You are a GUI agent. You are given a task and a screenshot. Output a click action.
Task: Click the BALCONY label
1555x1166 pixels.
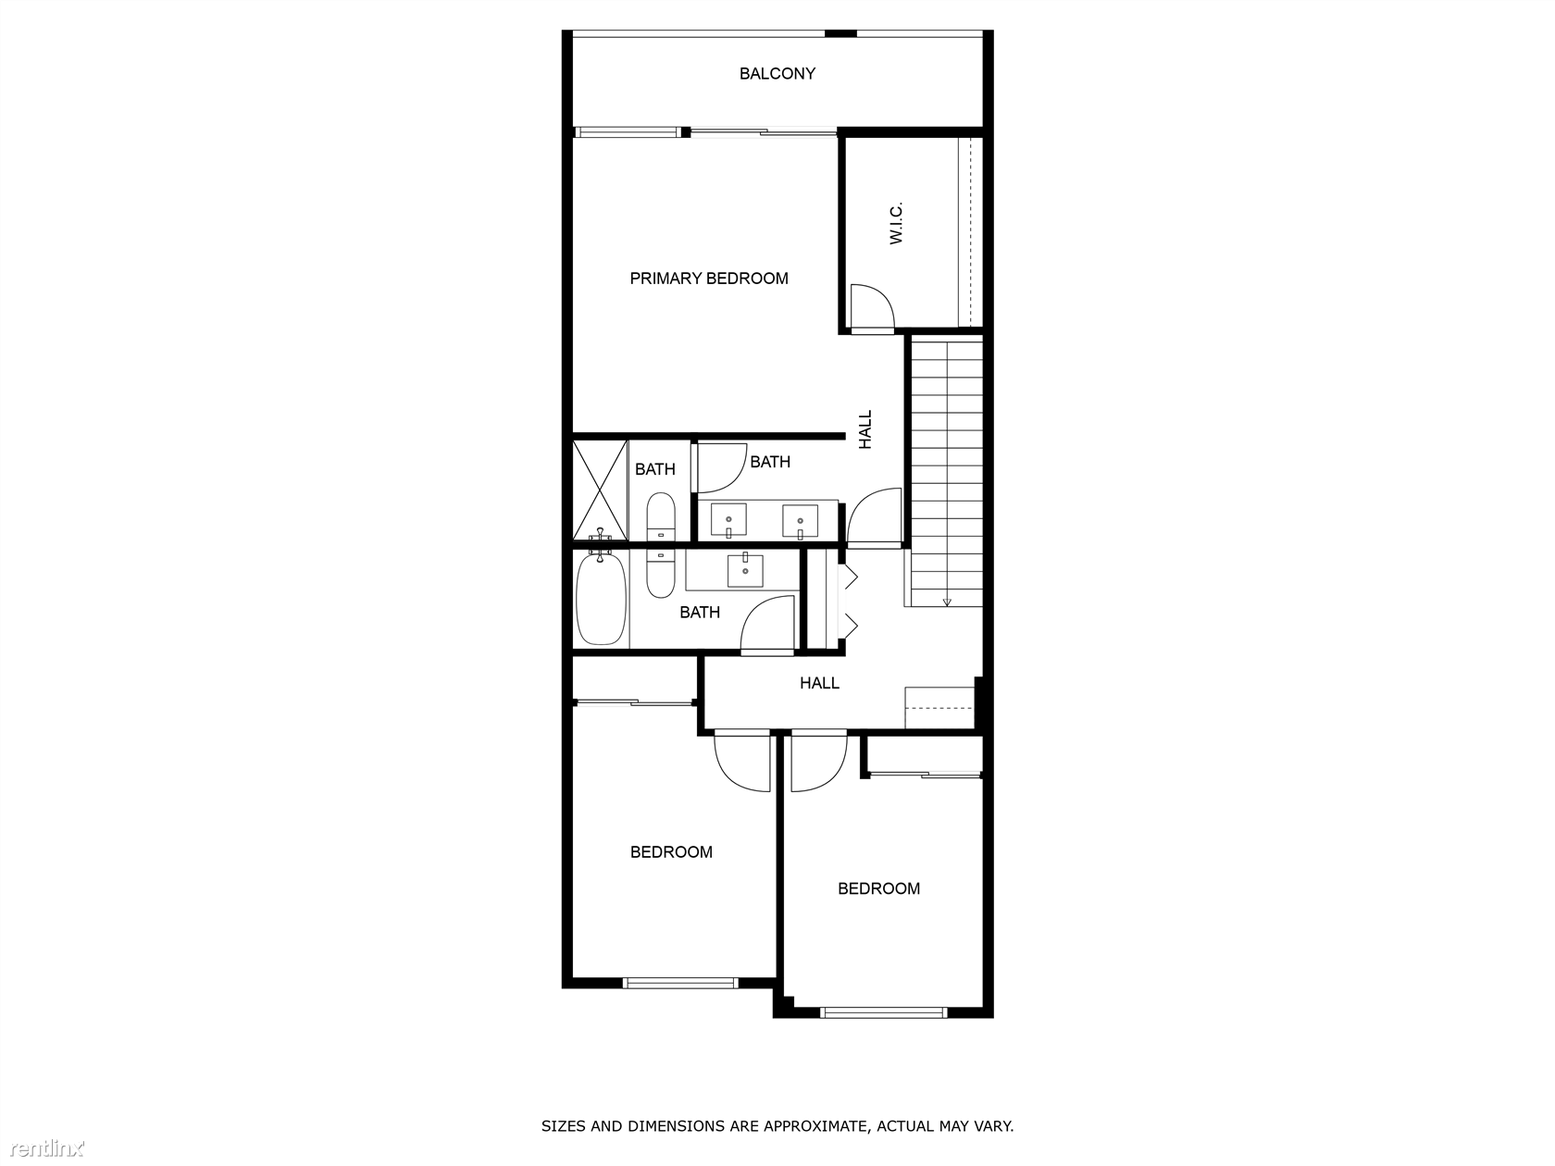pyautogui.click(x=777, y=74)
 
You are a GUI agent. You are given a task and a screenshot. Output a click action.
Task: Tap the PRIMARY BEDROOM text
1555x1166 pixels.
pyautogui.click(x=709, y=279)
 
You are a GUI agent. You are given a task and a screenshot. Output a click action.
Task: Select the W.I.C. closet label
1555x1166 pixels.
pyautogui.click(x=896, y=224)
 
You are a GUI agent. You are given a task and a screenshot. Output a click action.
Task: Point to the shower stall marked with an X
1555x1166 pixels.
pyautogui.click(x=600, y=490)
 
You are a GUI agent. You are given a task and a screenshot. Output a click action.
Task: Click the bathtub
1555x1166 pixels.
pyautogui.click(x=601, y=599)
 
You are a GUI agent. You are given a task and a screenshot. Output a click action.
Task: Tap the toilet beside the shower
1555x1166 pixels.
pyautogui.click(x=661, y=516)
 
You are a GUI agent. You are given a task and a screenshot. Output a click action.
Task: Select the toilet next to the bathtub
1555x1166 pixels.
pyautogui.click(x=660, y=574)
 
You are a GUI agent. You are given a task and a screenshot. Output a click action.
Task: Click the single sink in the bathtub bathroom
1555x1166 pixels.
pyautogui.click(x=745, y=571)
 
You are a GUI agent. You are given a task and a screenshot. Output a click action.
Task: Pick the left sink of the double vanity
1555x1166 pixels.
pyautogui.click(x=728, y=520)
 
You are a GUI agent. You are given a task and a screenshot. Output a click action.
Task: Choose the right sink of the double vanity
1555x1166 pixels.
pyautogui.click(x=800, y=520)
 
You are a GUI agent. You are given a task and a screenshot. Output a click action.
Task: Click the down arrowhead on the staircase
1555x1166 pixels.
pyautogui.click(x=947, y=602)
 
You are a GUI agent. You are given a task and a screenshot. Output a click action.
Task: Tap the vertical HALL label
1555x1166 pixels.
pyautogui.click(x=865, y=429)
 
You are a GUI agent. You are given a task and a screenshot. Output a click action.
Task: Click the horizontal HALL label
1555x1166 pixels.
pyautogui.click(x=820, y=683)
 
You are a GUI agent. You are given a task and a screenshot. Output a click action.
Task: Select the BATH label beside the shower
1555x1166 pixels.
pyautogui.click(x=655, y=469)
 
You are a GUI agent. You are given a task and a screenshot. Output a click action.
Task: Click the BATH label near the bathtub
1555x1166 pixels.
pyautogui.click(x=700, y=613)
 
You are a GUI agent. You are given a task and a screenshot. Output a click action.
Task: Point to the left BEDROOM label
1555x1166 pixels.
pyautogui.click(x=672, y=852)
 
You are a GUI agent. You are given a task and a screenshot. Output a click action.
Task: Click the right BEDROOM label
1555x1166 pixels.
pyautogui.click(x=879, y=889)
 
